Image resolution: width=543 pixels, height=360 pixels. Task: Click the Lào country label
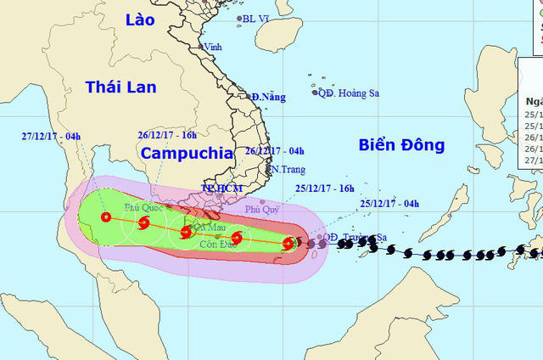tap(139, 20)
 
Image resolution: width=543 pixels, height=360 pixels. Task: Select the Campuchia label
tap(186, 153)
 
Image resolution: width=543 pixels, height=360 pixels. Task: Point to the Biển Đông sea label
tap(401, 145)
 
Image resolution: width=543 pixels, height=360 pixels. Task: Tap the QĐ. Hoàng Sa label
tap(347, 93)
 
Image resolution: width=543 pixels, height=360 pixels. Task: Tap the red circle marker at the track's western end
tap(106, 217)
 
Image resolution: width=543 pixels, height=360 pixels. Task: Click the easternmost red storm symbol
tap(288, 245)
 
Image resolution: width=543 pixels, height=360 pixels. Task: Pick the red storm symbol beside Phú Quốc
tap(143, 224)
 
